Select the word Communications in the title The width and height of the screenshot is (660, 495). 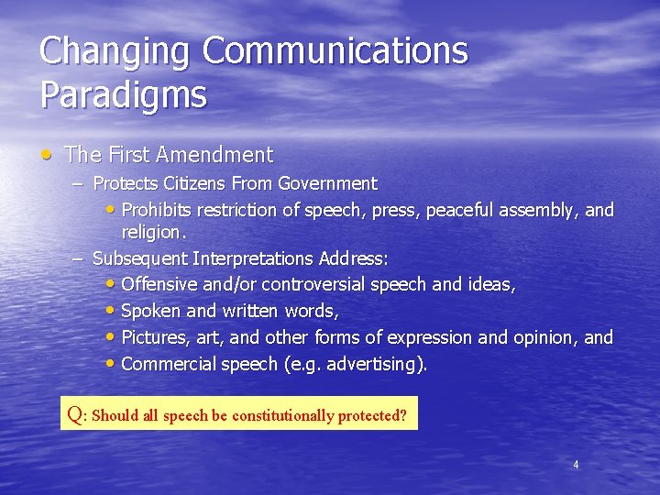point(335,52)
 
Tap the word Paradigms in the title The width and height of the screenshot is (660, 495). point(123,94)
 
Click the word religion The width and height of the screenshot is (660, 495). point(153,233)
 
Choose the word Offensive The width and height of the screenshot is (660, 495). point(158,285)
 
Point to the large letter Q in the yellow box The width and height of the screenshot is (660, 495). point(75,413)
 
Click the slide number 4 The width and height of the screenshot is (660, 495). point(576,465)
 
